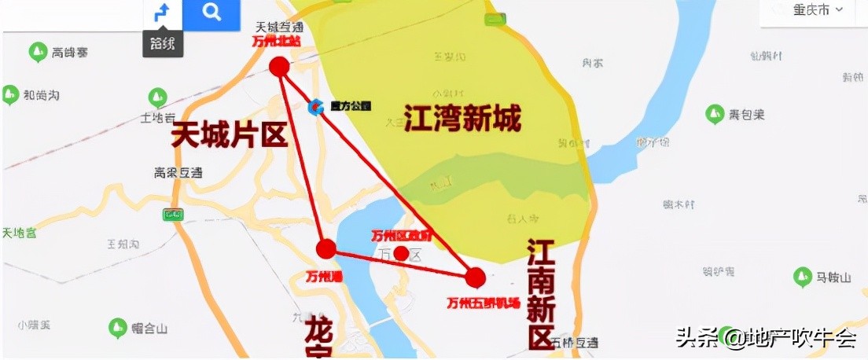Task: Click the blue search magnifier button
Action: pos(211,13)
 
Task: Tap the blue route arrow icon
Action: pos(162,13)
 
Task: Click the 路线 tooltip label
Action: pos(162,43)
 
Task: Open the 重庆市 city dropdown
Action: pos(807,10)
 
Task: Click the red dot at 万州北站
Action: pos(279,67)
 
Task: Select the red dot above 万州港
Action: pos(326,249)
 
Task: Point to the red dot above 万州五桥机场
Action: pos(475,277)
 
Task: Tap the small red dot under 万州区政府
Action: pos(401,252)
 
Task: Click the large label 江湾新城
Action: pos(462,119)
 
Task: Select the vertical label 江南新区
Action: pos(542,294)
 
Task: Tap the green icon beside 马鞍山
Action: pos(803,277)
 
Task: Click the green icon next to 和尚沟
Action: pos(10,95)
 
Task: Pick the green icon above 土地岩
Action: pos(157,98)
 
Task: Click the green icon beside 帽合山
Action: pos(117,326)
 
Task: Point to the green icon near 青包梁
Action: pos(715,114)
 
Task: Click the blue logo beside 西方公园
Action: pos(316,106)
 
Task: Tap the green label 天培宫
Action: pos(19,233)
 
